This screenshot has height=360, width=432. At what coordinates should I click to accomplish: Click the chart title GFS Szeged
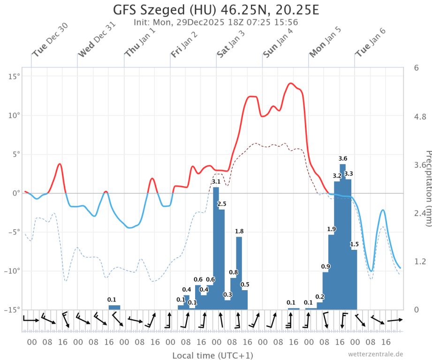(x=216, y=9)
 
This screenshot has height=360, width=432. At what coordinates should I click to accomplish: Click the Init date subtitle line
(x=216, y=22)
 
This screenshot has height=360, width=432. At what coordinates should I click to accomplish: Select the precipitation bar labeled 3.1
(x=216, y=248)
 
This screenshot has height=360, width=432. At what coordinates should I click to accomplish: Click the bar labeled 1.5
(x=354, y=279)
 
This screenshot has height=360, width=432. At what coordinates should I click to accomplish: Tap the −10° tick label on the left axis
(x=13, y=271)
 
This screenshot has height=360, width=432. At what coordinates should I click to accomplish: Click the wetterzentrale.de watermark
(x=375, y=354)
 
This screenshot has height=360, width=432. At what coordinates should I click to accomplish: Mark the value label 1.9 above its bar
(x=331, y=229)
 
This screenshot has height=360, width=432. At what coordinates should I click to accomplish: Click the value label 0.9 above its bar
(x=326, y=266)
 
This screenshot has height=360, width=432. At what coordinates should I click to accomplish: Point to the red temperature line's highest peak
(x=291, y=83)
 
